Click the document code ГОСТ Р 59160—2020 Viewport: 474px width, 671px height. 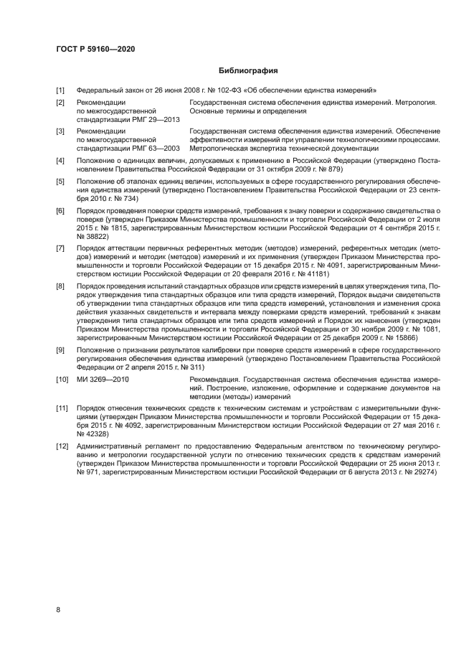coord(95,49)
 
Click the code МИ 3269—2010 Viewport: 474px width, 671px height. coord(103,379)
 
